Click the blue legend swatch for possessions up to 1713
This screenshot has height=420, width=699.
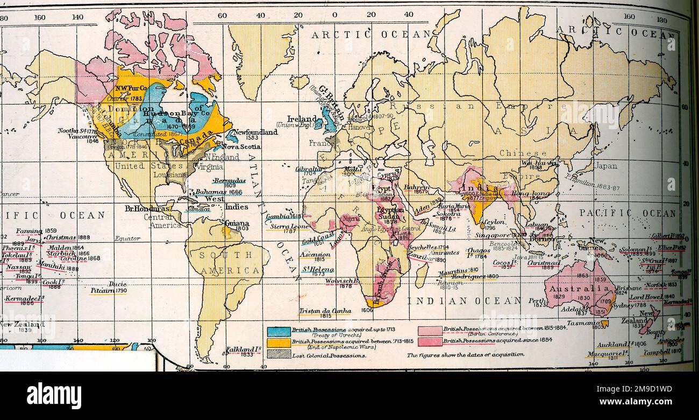click(x=279, y=332)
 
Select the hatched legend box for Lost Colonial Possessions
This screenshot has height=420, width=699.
click(x=279, y=354)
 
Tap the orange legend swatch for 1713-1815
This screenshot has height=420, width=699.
click(x=279, y=342)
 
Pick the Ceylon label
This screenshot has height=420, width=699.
click(x=493, y=222)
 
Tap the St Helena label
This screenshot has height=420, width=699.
click(x=317, y=269)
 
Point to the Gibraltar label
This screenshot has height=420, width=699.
click(x=309, y=169)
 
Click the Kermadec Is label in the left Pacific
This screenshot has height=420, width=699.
click(x=24, y=298)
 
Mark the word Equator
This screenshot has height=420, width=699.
click(x=127, y=238)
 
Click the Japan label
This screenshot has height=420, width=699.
click(x=605, y=166)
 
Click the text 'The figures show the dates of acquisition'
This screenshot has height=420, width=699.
click(x=465, y=354)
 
